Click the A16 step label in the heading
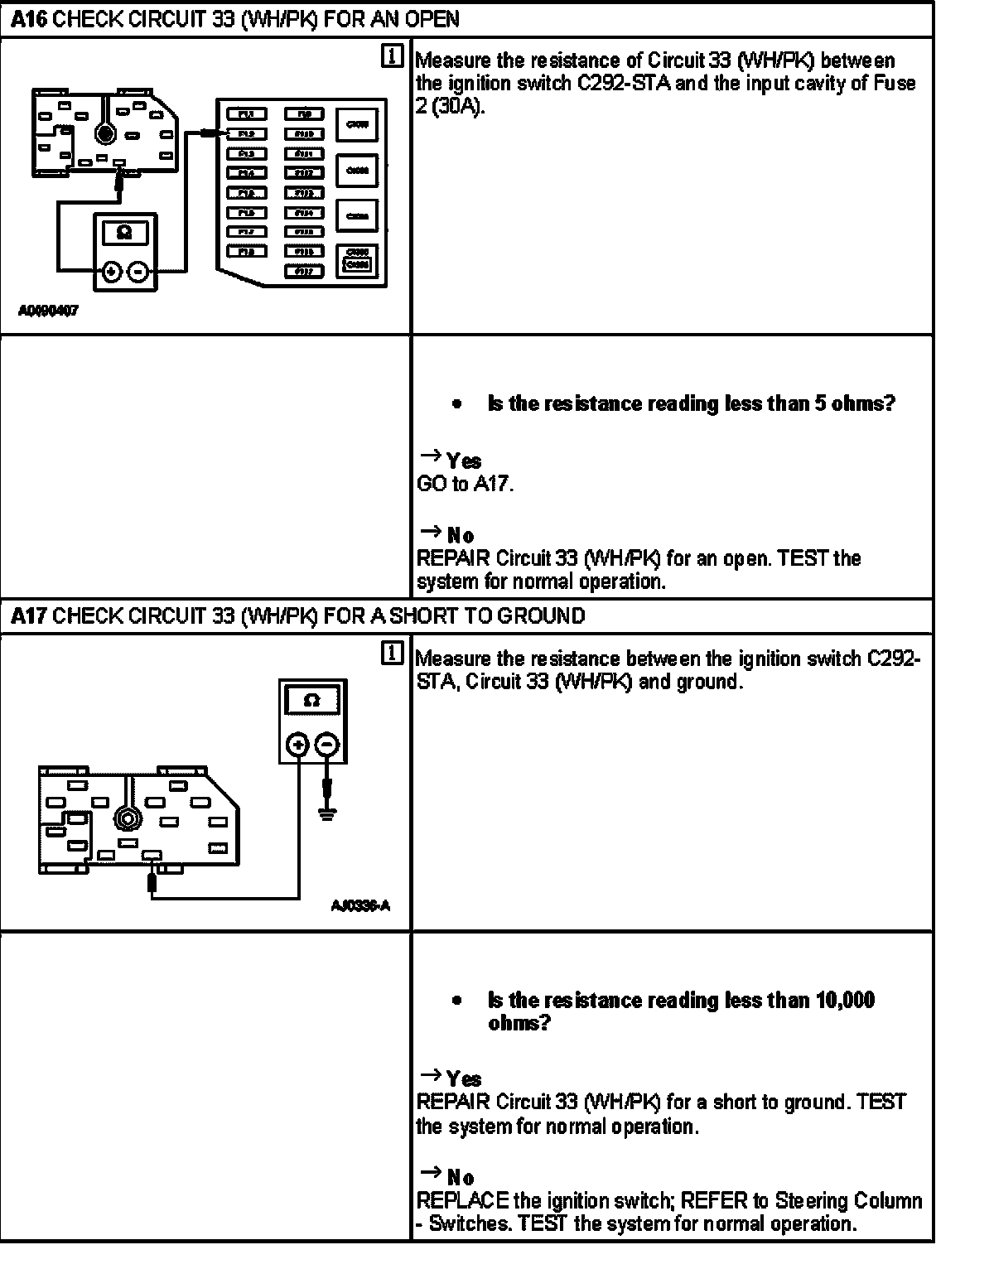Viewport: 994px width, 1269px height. (x=30, y=19)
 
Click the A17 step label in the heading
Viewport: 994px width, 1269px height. (x=30, y=616)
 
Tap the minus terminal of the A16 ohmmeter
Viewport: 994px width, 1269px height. (x=139, y=271)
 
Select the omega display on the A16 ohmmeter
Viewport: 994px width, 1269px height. (x=124, y=234)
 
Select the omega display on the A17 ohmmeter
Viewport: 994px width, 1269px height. (x=312, y=701)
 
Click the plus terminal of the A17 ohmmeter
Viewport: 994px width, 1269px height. (x=298, y=745)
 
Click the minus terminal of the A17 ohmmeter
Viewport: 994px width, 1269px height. (x=328, y=745)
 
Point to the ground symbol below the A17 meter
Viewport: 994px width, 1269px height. (x=328, y=814)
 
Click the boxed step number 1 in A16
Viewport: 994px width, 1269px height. (x=393, y=56)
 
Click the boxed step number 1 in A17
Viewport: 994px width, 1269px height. (x=393, y=654)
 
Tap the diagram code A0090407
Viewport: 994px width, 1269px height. (x=48, y=312)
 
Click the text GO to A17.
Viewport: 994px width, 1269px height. (x=465, y=485)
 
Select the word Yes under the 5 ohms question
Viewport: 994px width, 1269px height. (x=464, y=461)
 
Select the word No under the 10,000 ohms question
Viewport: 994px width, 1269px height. (x=461, y=1178)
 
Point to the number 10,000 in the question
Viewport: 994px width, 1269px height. (x=845, y=1001)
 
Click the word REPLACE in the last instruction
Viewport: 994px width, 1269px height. (x=462, y=1201)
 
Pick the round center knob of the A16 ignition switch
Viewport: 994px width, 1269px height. (x=104, y=133)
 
